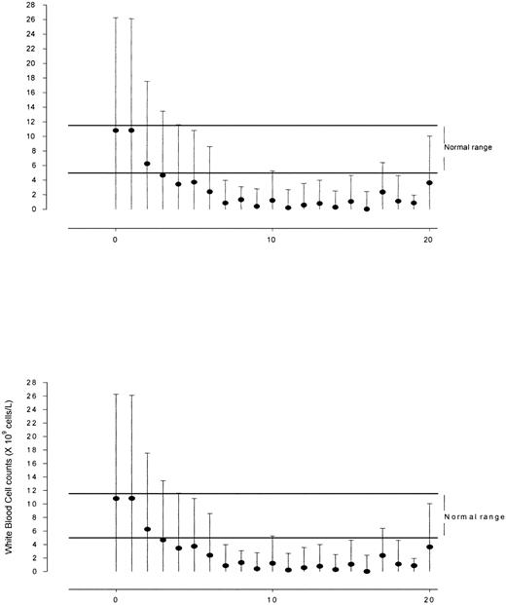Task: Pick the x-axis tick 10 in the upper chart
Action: [272, 238]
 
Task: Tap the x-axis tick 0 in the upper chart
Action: [116, 238]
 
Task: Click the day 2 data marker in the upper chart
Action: [147, 164]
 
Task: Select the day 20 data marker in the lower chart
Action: [429, 547]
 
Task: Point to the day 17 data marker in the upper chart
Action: [382, 192]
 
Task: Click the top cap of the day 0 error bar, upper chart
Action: [116, 18]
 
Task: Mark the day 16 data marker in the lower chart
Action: [367, 571]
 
